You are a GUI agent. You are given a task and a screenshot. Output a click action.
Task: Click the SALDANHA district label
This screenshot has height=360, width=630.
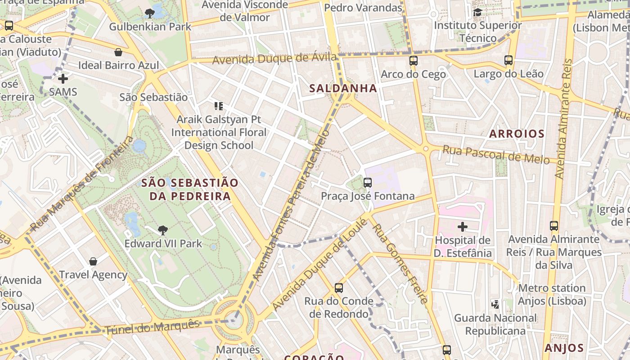343,88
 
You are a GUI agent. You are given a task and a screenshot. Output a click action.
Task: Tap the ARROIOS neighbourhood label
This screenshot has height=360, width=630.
517,134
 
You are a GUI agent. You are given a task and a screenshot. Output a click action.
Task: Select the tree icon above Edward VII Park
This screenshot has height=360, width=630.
163,230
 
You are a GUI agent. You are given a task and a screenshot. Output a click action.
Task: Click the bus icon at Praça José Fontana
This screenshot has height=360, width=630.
368,183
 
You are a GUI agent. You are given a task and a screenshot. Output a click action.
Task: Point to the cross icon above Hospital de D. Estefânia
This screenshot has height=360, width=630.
462,227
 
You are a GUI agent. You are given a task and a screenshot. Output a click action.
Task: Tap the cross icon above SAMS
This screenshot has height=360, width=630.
63,79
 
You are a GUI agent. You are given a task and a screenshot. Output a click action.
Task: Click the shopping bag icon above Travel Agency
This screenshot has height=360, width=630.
93,261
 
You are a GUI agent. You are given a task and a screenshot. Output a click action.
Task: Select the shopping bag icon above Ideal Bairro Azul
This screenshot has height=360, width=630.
118,52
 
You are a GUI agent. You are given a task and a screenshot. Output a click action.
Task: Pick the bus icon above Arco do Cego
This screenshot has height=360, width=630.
413,60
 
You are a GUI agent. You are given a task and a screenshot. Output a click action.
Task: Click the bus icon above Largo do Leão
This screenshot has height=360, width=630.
508,60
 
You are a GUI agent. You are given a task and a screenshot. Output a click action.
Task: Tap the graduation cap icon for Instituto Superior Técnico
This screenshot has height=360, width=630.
477,12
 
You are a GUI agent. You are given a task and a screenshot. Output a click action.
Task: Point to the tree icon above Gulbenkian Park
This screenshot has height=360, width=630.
150,13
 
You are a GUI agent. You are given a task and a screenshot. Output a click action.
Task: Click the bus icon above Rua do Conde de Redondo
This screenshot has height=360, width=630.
339,288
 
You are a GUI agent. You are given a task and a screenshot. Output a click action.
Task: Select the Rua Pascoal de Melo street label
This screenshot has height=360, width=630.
496,155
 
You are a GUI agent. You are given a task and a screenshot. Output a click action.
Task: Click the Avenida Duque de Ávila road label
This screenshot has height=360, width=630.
274,58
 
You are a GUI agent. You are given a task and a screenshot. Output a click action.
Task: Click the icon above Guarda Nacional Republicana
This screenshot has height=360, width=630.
495,305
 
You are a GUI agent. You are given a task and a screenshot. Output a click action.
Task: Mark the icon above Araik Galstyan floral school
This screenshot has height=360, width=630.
219,107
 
